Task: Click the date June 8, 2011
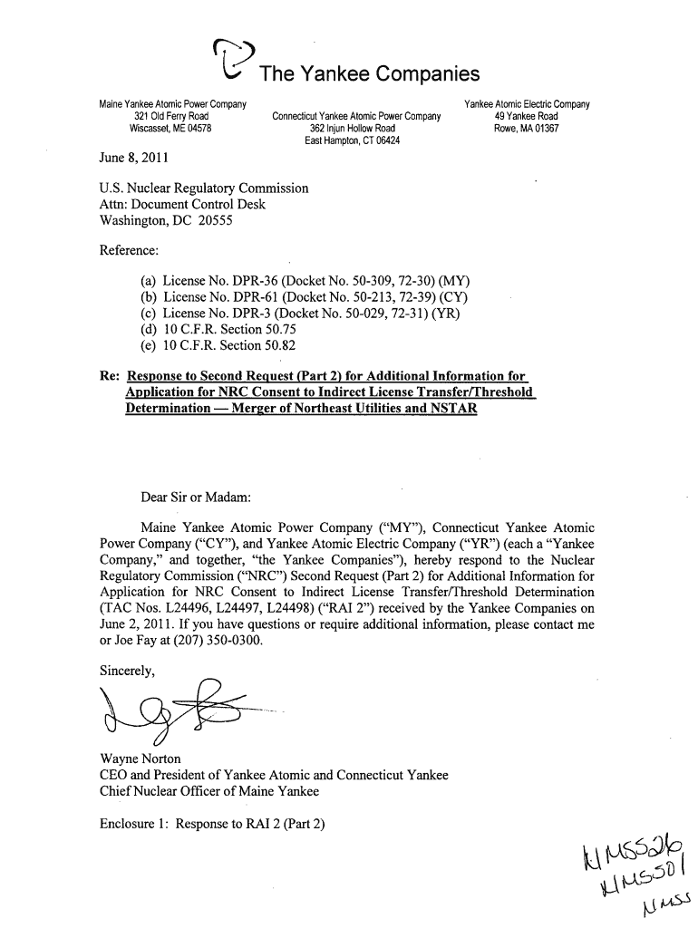pos(140,158)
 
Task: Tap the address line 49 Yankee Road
pos(526,116)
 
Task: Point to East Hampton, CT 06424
pos(353,140)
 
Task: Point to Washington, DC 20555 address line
pos(166,220)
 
